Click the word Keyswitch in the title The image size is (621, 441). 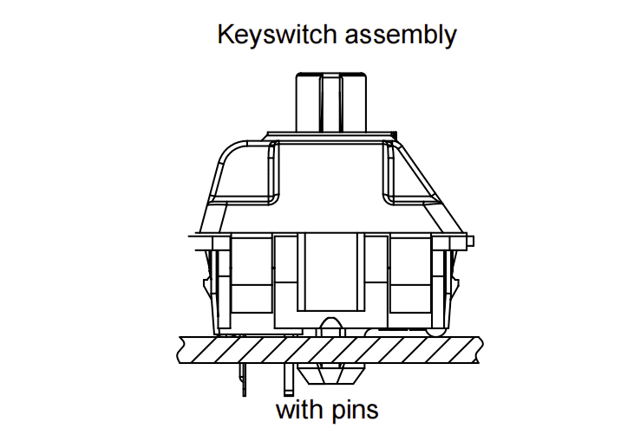[277, 35]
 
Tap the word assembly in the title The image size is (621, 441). [401, 36]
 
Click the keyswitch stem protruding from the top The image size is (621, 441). [331, 102]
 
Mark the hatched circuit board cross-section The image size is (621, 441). [330, 350]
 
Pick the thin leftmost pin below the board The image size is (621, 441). [242, 379]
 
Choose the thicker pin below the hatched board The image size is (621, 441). [289, 379]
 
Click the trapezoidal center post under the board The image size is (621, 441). [330, 373]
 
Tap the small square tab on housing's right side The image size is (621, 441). [470, 241]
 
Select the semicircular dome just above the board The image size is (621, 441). [330, 327]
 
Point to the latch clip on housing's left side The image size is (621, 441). [208, 282]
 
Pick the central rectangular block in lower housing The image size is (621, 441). [330, 272]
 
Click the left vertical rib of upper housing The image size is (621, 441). [274, 172]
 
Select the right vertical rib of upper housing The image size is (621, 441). [389, 172]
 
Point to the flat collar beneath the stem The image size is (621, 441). [330, 136]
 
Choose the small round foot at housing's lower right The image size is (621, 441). [435, 332]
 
